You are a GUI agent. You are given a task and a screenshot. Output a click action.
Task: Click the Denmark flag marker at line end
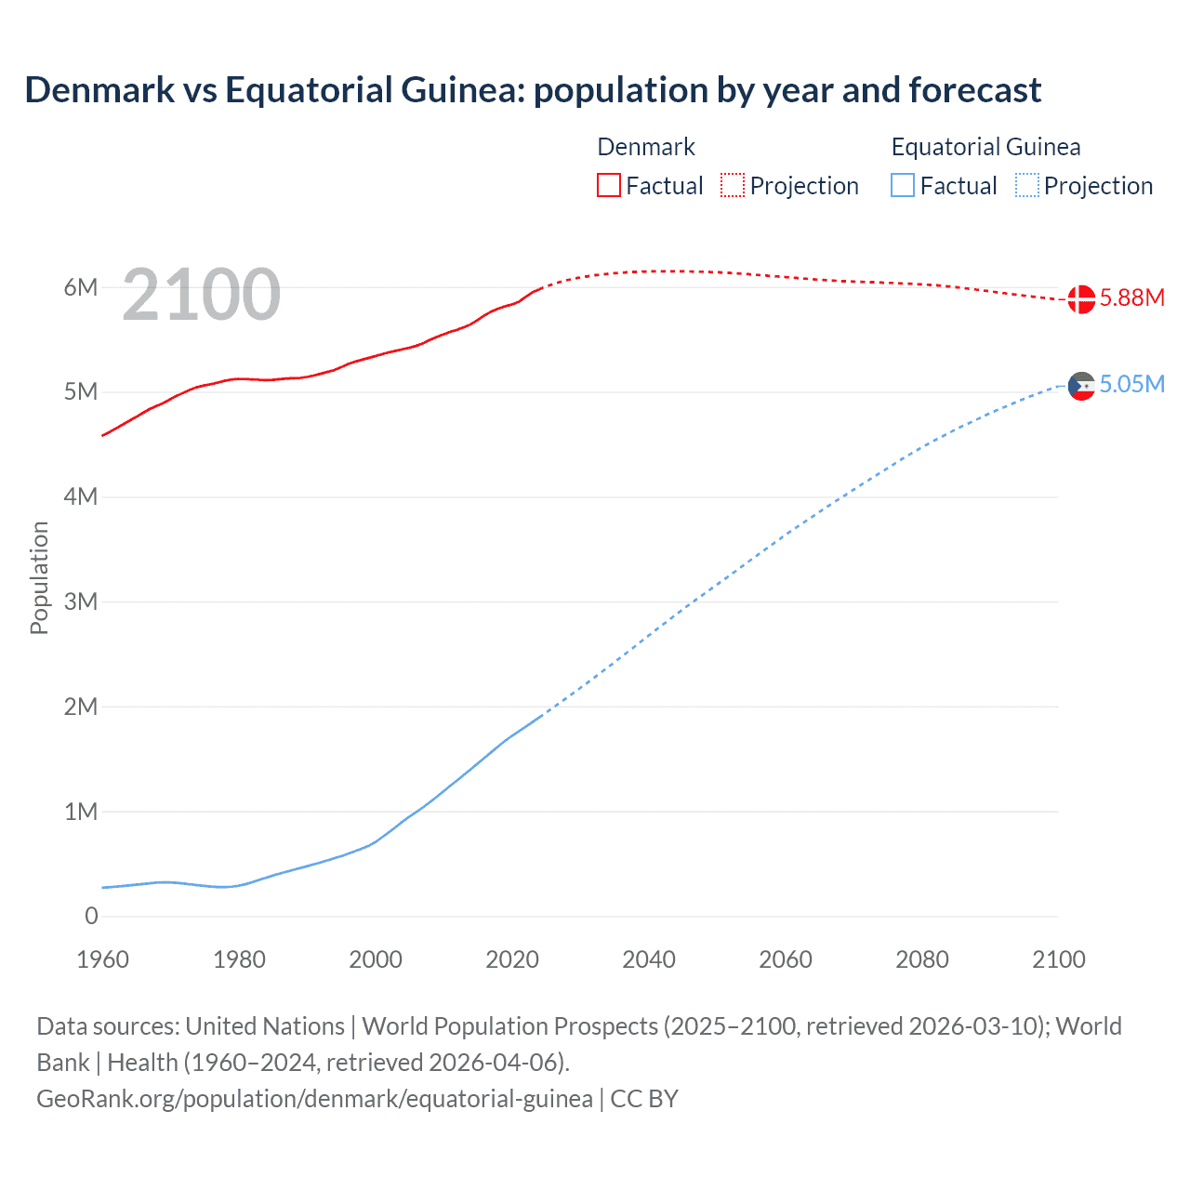point(1080,299)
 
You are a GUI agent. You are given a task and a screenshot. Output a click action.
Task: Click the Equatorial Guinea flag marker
point(1080,386)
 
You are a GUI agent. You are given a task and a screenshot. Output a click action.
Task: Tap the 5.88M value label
point(1131,297)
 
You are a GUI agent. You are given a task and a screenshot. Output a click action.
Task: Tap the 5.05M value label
point(1131,384)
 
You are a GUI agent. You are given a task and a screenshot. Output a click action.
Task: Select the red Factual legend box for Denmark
point(608,186)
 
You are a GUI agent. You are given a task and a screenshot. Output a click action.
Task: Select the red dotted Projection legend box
point(733,186)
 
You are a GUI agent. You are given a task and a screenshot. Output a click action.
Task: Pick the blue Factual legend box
point(903,186)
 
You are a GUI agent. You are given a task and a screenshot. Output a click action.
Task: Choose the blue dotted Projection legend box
point(1026,186)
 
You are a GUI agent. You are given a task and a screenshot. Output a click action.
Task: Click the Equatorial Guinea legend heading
point(985,147)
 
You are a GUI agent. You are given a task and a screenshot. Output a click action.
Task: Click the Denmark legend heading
point(646,147)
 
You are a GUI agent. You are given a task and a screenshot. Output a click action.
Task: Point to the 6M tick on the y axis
point(81,287)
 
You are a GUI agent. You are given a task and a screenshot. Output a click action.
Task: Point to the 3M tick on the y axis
point(81,602)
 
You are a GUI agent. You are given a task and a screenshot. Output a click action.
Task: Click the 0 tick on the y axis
point(91,916)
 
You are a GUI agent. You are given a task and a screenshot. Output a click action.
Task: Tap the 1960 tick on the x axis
point(102,959)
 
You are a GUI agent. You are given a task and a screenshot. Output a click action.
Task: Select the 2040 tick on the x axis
point(649,959)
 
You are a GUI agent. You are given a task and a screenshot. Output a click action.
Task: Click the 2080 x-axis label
point(922,959)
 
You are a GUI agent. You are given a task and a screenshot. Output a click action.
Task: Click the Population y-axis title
point(39,577)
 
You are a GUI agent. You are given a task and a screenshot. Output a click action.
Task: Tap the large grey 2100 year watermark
point(201,295)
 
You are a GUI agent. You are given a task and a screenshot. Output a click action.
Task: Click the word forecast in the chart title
point(975,90)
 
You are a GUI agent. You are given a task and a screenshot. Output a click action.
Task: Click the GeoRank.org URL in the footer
point(314,1099)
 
